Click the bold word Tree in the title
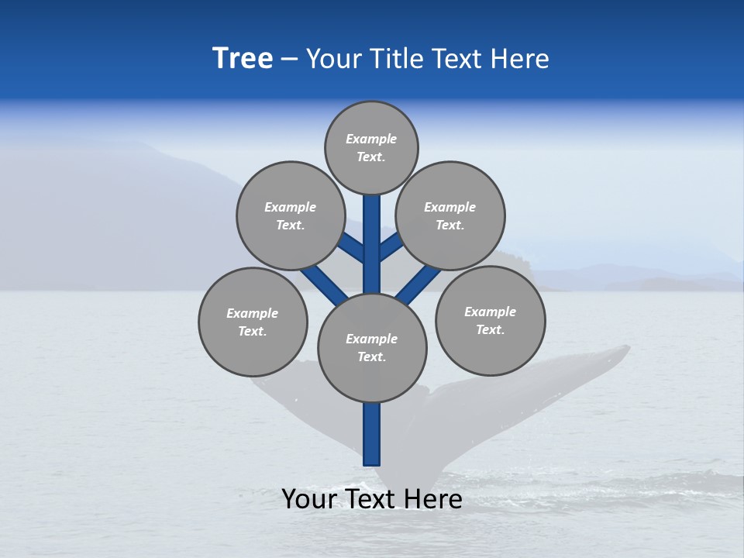point(243,59)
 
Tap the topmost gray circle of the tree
point(371,147)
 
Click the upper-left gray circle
point(291,215)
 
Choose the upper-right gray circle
point(450,215)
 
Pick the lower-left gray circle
point(253,322)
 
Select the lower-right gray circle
point(490,320)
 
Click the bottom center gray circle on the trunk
point(372,347)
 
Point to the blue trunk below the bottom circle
point(372,434)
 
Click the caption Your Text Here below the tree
point(372,499)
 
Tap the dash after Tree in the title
point(289,60)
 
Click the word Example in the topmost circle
point(371,139)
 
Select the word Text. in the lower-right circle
point(490,329)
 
